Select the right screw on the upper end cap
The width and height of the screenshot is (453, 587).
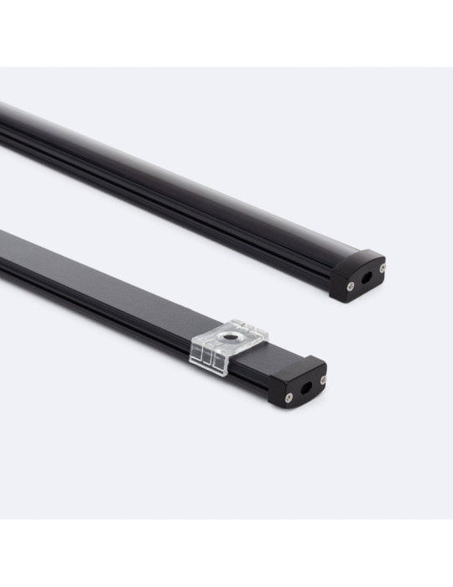381,269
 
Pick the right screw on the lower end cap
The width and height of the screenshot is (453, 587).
322,379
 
